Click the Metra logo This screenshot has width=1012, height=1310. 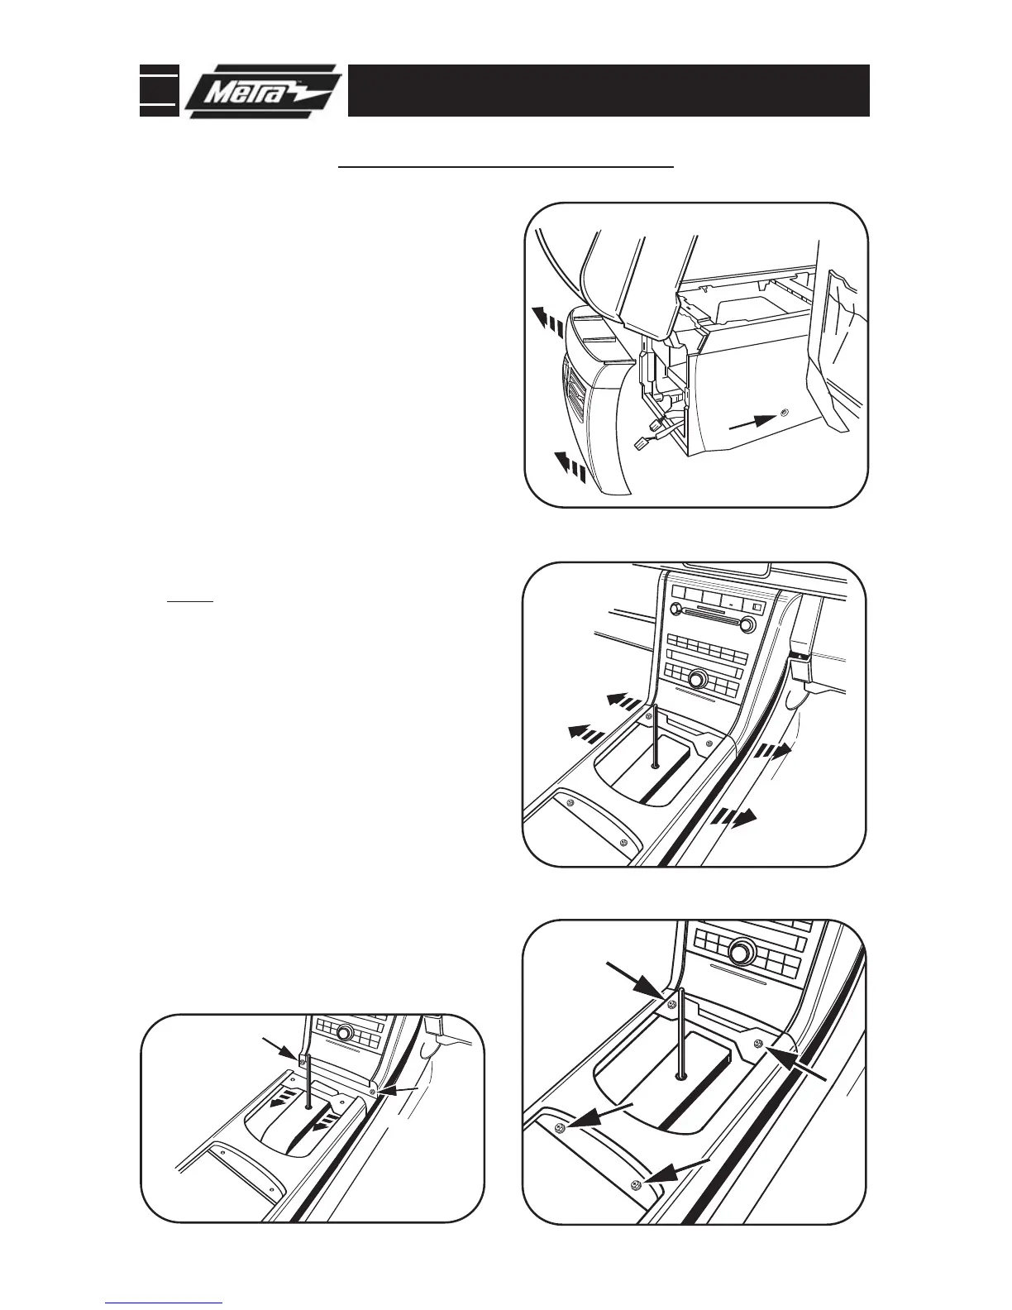263,91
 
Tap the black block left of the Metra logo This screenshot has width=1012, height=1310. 159,90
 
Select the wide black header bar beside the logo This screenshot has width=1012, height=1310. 608,90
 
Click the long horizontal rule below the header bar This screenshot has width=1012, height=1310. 508,166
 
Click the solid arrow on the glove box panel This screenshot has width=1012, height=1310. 752,423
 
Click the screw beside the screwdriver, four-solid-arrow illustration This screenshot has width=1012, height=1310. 671,1004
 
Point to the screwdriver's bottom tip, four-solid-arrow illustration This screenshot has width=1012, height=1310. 680,1076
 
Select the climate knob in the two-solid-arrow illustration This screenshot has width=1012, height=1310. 345,1034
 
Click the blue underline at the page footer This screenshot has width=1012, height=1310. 164,1303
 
